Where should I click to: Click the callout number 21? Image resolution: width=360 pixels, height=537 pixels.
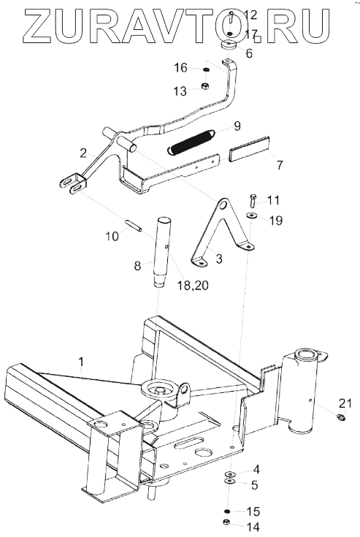(345, 403)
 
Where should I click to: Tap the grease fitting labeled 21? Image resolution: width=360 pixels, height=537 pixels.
(340, 416)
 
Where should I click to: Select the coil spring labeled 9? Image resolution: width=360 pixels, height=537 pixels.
(191, 142)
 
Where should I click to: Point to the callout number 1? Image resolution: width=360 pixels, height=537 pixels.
(81, 362)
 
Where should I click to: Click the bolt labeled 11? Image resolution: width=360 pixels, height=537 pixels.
(252, 201)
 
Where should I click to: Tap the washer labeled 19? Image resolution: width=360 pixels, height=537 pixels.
(252, 215)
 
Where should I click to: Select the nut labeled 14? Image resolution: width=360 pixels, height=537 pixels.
(226, 522)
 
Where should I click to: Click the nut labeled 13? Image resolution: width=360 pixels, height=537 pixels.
(205, 85)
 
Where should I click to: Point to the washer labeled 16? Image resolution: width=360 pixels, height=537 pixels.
(206, 70)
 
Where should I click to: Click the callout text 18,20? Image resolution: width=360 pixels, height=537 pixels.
(193, 285)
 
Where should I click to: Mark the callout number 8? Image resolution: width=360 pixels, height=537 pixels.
(137, 265)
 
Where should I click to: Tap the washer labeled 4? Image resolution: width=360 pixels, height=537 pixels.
(229, 474)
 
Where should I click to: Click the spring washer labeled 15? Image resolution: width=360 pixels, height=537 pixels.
(226, 511)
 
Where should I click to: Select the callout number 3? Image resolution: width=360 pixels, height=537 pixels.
(218, 259)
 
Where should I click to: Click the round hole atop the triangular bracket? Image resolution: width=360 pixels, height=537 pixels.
(223, 205)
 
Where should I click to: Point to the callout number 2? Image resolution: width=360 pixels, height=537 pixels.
(83, 153)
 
